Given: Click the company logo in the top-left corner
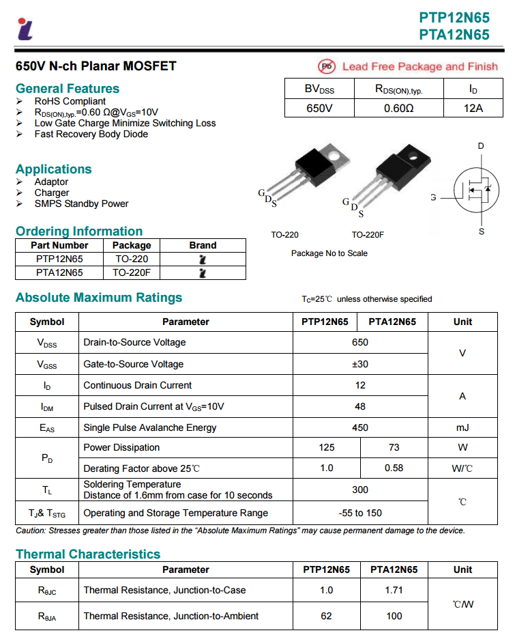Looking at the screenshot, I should pyautogui.click(x=25, y=28).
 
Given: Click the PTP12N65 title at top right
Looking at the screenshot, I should pyautogui.click(x=454, y=18).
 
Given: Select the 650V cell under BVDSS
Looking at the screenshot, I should pyautogui.click(x=319, y=108).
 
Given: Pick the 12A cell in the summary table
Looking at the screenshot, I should pyautogui.click(x=473, y=108).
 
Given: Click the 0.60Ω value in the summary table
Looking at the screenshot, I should pyautogui.click(x=398, y=108).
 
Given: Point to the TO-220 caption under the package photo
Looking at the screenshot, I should pyautogui.click(x=284, y=235).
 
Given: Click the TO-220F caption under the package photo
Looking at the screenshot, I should pyautogui.click(x=368, y=235).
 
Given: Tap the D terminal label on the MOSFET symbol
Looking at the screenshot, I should pyautogui.click(x=481, y=146).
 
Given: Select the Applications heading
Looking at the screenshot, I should pyautogui.click(x=53, y=169).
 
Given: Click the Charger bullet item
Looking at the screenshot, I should pyautogui.click(x=52, y=193).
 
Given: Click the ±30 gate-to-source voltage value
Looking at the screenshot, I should pyautogui.click(x=360, y=364).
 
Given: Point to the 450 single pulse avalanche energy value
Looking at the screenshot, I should pyautogui.click(x=360, y=427).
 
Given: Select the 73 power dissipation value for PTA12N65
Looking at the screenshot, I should pyautogui.click(x=394, y=447).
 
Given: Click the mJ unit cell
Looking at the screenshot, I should pyautogui.click(x=462, y=427).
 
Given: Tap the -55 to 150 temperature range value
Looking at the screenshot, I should pyautogui.click(x=360, y=513).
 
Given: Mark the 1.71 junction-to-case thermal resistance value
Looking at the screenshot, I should pyautogui.click(x=394, y=590).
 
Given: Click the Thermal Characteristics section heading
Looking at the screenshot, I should pyautogui.click(x=88, y=554).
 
